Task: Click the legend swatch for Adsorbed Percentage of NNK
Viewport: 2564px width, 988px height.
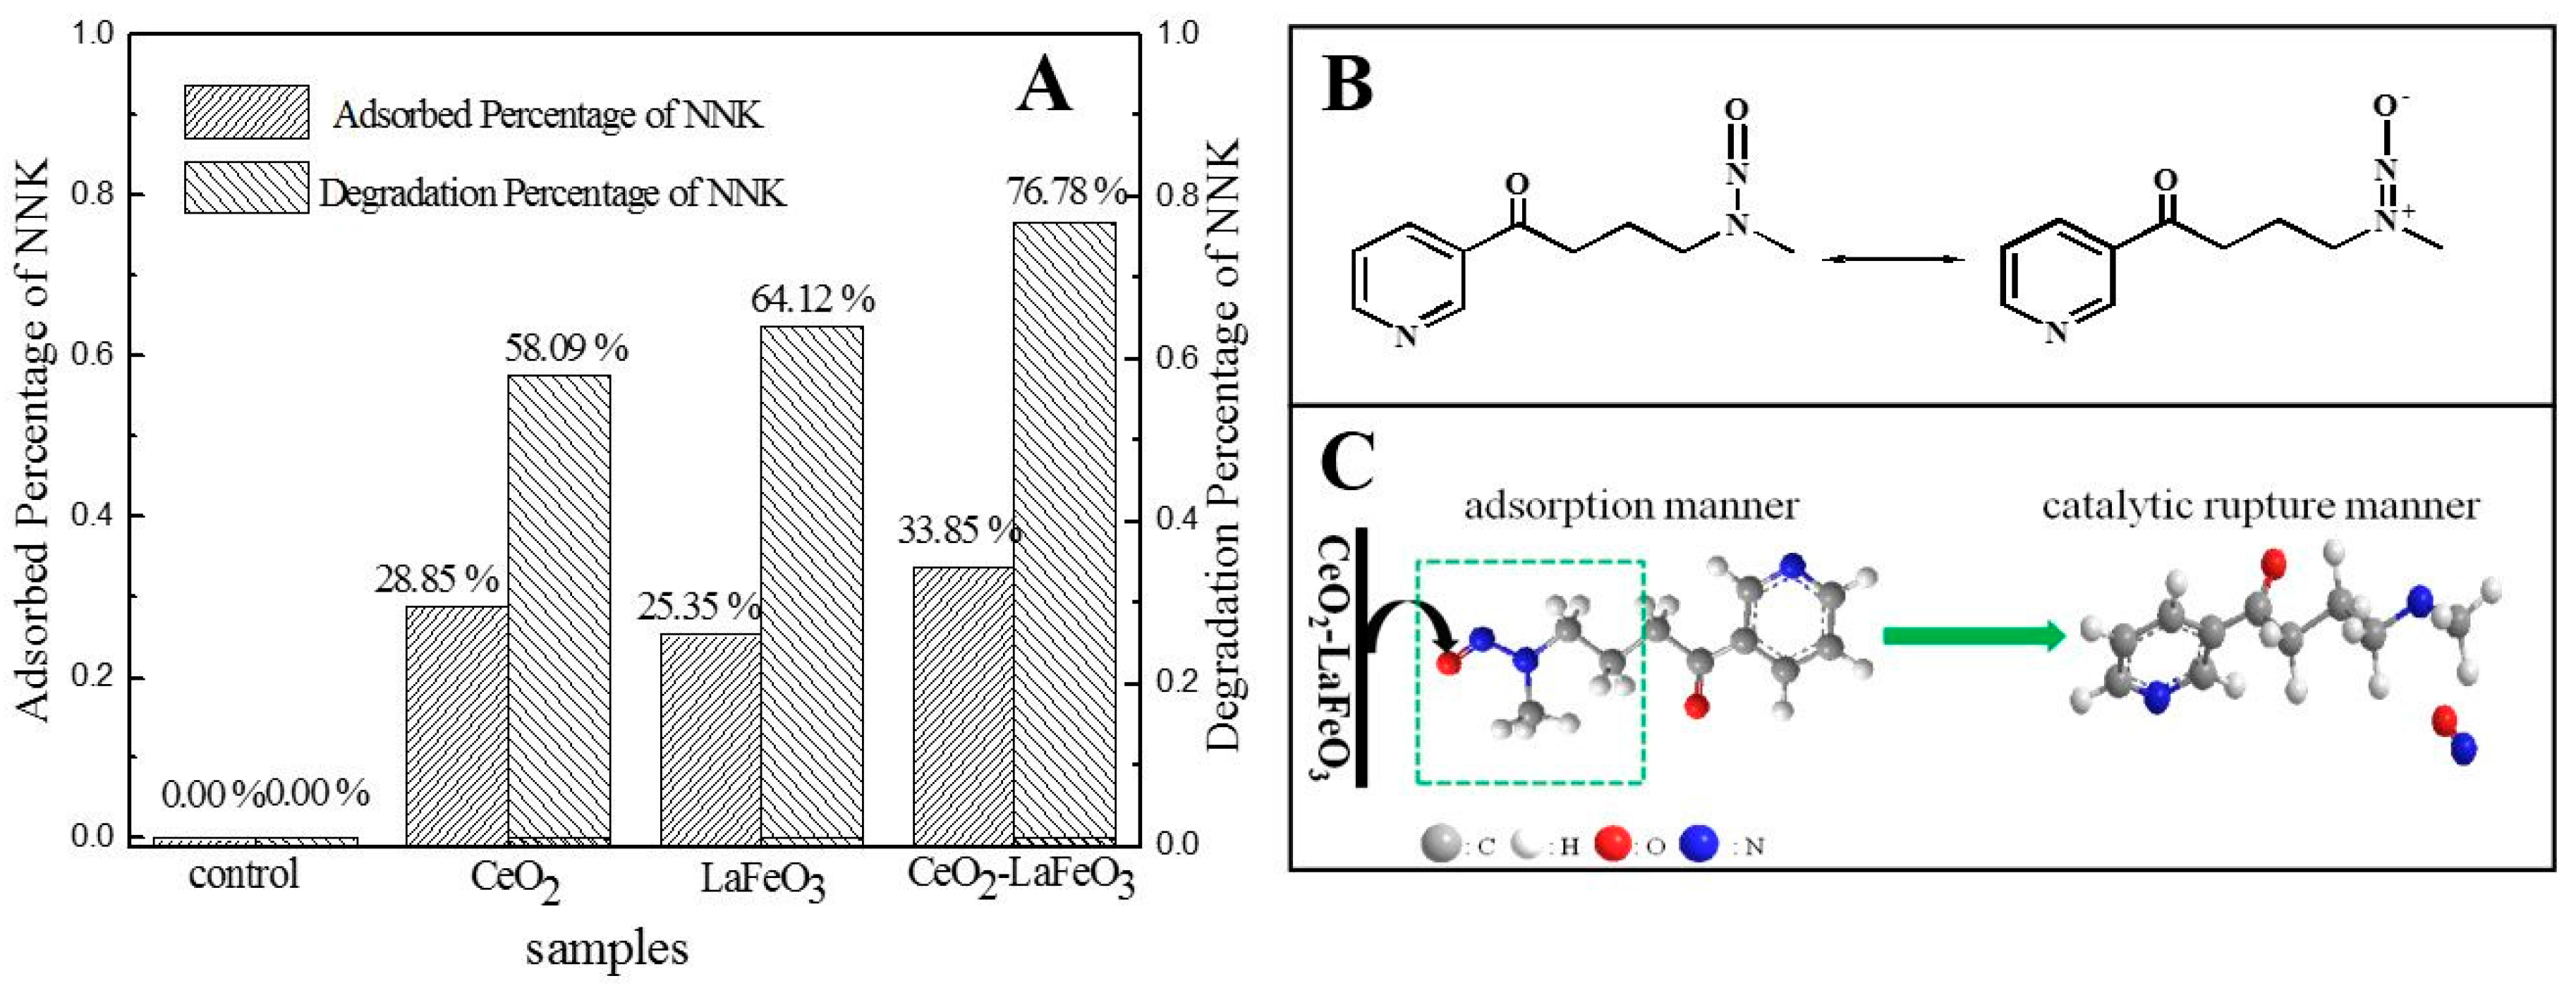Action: click(x=246, y=111)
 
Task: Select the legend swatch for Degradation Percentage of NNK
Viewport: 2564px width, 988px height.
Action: click(x=246, y=188)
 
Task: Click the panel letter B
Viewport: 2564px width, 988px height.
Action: click(x=1348, y=85)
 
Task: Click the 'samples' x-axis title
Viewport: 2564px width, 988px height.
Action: click(x=606, y=949)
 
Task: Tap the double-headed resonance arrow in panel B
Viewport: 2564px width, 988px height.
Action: click(x=1893, y=260)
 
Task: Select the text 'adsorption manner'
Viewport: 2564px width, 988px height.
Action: click(x=1630, y=506)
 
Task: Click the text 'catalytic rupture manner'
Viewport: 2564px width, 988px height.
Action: click(x=2259, y=506)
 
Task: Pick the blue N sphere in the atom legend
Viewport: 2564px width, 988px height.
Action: click(x=1699, y=845)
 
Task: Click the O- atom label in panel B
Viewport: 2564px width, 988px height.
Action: click(x=2390, y=106)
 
